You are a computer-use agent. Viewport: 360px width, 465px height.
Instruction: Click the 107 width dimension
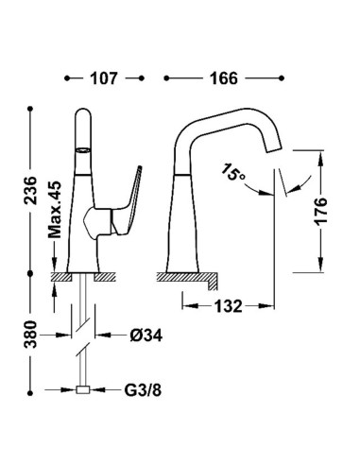tap(104, 78)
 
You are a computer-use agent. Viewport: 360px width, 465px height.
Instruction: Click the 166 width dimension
tap(224, 78)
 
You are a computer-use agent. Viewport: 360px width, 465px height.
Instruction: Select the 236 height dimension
tap(30, 191)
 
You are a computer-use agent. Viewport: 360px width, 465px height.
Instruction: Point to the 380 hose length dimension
tap(30, 335)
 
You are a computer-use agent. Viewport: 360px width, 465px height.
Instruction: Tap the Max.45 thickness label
tap(55, 209)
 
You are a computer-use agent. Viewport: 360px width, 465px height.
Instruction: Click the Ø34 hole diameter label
tap(146, 336)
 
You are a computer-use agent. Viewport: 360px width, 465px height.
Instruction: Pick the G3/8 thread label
tap(143, 390)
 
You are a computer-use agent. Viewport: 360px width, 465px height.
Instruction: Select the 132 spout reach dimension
tap(229, 306)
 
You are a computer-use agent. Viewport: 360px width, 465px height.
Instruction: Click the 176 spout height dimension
tap(321, 212)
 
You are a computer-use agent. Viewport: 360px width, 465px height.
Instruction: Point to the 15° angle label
tap(232, 172)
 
